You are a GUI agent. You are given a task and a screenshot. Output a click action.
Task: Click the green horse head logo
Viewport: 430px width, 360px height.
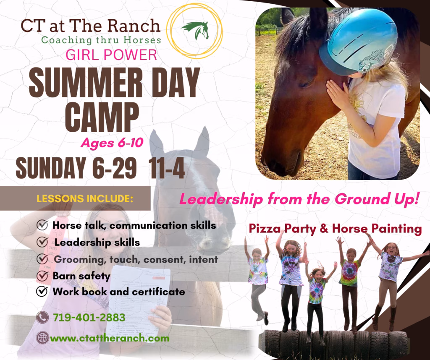[196, 30]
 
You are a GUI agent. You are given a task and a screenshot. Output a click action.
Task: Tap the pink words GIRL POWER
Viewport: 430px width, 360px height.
[111, 55]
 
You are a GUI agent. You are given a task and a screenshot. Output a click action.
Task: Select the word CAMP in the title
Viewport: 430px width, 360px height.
[102, 117]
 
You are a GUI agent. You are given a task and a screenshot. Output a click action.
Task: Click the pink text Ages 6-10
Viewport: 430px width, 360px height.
[112, 143]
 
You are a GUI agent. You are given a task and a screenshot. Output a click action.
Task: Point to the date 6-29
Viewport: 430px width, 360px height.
[114, 168]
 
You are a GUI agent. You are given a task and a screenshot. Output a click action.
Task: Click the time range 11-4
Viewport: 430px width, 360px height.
[166, 168]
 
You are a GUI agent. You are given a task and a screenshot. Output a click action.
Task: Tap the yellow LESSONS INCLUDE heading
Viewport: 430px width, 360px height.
[85, 198]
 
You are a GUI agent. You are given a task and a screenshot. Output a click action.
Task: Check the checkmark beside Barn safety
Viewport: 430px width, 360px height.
[42, 276]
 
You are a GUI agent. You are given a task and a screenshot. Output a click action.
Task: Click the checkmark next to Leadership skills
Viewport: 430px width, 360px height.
[42, 242]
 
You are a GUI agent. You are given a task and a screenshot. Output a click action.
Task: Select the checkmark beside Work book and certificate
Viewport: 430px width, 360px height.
[42, 292]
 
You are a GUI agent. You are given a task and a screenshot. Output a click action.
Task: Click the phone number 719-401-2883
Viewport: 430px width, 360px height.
[89, 318]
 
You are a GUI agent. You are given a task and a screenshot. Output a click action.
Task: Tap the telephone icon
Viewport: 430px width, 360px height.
[42, 318]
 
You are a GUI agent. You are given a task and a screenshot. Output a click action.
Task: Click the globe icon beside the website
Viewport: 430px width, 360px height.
[42, 338]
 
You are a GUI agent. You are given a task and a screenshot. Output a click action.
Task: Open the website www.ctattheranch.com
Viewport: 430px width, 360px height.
[110, 338]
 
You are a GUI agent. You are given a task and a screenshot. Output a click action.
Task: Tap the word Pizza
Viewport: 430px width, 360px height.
[265, 229]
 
